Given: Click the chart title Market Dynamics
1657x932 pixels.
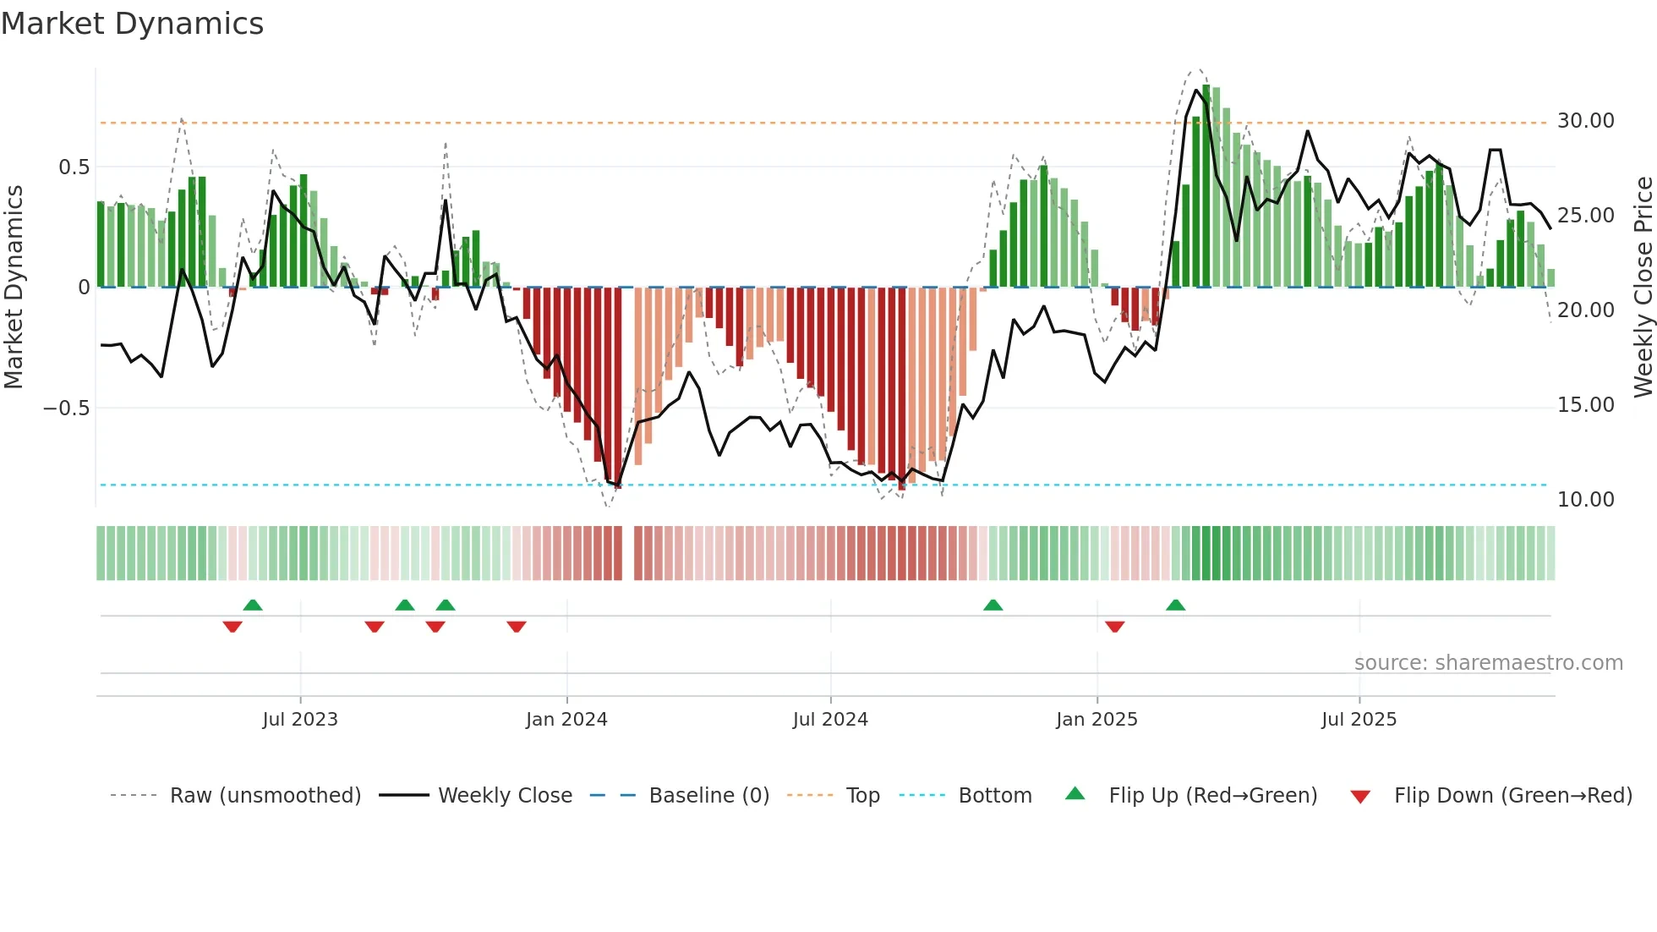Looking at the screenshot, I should coord(132,24).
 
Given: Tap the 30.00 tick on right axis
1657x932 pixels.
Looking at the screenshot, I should coord(1585,121).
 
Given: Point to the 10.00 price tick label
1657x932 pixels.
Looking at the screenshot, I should coord(1585,500).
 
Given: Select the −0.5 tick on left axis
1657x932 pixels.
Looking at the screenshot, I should coord(66,408).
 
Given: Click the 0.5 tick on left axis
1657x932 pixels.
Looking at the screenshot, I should coord(74,167).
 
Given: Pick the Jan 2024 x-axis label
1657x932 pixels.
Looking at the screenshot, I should coord(566,720).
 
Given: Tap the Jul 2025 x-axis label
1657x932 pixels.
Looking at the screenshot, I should coord(1359,720).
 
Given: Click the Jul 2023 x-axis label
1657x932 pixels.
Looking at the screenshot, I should coord(300,720).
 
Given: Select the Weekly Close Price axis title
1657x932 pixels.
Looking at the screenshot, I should coord(1643,287).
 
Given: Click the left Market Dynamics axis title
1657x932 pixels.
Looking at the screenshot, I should coord(14,287).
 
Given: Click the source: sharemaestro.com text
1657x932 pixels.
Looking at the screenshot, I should coord(1488,663).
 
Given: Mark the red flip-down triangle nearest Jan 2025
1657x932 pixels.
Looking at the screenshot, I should coord(1114,627).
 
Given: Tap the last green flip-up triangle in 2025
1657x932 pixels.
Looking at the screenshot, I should coord(1175,605).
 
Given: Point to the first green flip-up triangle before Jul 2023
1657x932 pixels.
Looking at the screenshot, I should coord(252,605).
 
